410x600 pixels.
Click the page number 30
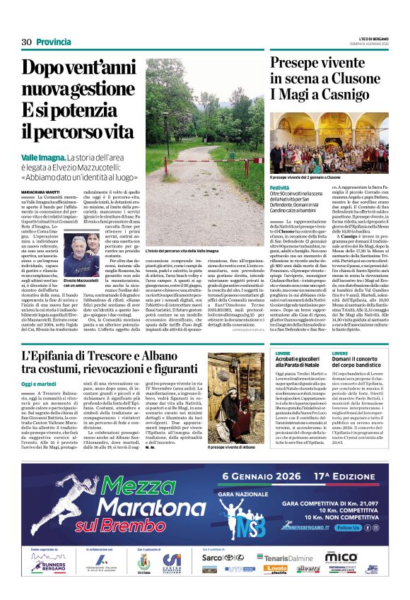point(27,42)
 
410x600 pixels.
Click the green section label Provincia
point(54,42)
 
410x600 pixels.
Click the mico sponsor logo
point(341,557)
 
